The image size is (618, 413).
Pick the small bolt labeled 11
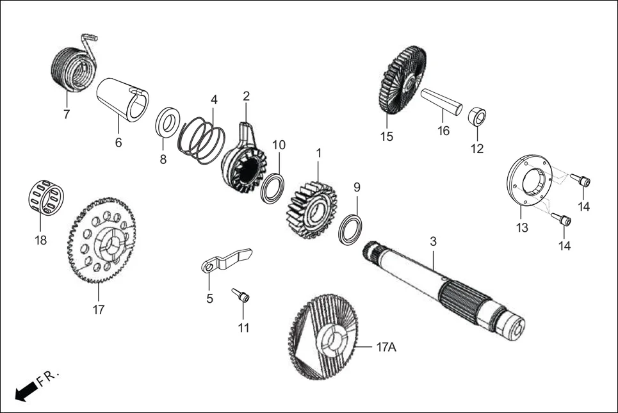241,296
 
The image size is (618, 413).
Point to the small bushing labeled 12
476,118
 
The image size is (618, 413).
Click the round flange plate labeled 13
529,182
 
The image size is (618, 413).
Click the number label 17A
386,348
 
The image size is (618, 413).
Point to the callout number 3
434,242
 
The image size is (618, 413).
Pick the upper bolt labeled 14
583,181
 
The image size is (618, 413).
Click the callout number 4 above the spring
214,100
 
